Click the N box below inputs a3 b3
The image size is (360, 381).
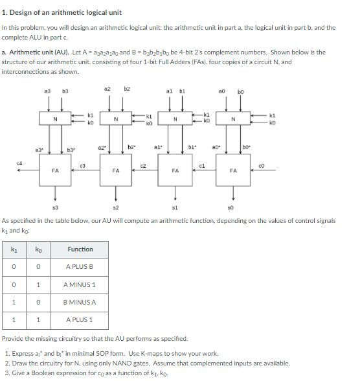point(54,119)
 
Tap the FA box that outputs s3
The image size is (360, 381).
point(55,170)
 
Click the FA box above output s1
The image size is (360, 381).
point(175,170)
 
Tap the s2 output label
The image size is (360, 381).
point(116,207)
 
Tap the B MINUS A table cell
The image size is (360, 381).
point(80,302)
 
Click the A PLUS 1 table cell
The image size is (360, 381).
point(80,319)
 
